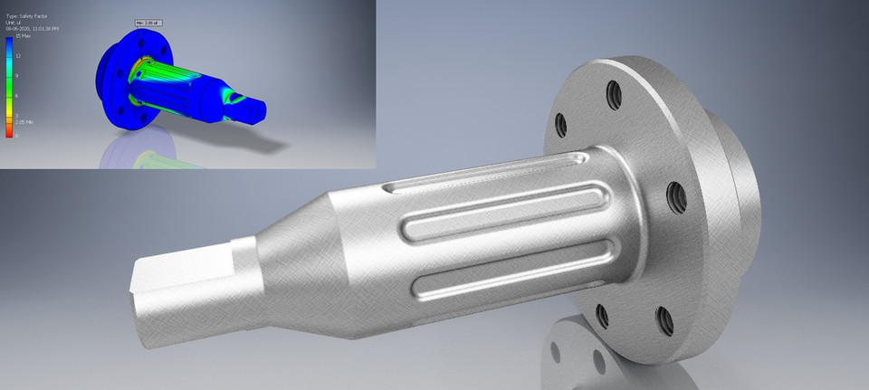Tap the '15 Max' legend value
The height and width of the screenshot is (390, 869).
pos(23,37)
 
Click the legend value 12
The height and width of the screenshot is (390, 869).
pos(17,56)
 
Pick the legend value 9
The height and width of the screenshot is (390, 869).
pos(17,75)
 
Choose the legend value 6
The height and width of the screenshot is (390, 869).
pos(17,96)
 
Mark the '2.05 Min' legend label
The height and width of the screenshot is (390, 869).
pos(24,120)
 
